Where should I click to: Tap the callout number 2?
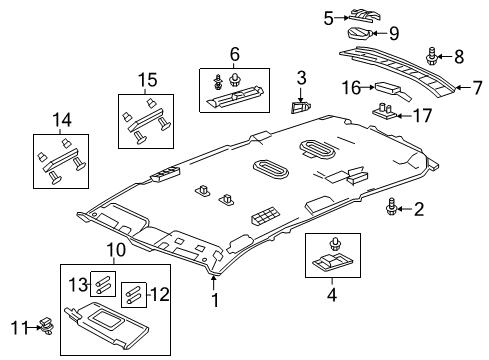[x=420, y=208]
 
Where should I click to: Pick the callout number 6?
[x=234, y=52]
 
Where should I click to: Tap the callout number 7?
[x=462, y=88]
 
